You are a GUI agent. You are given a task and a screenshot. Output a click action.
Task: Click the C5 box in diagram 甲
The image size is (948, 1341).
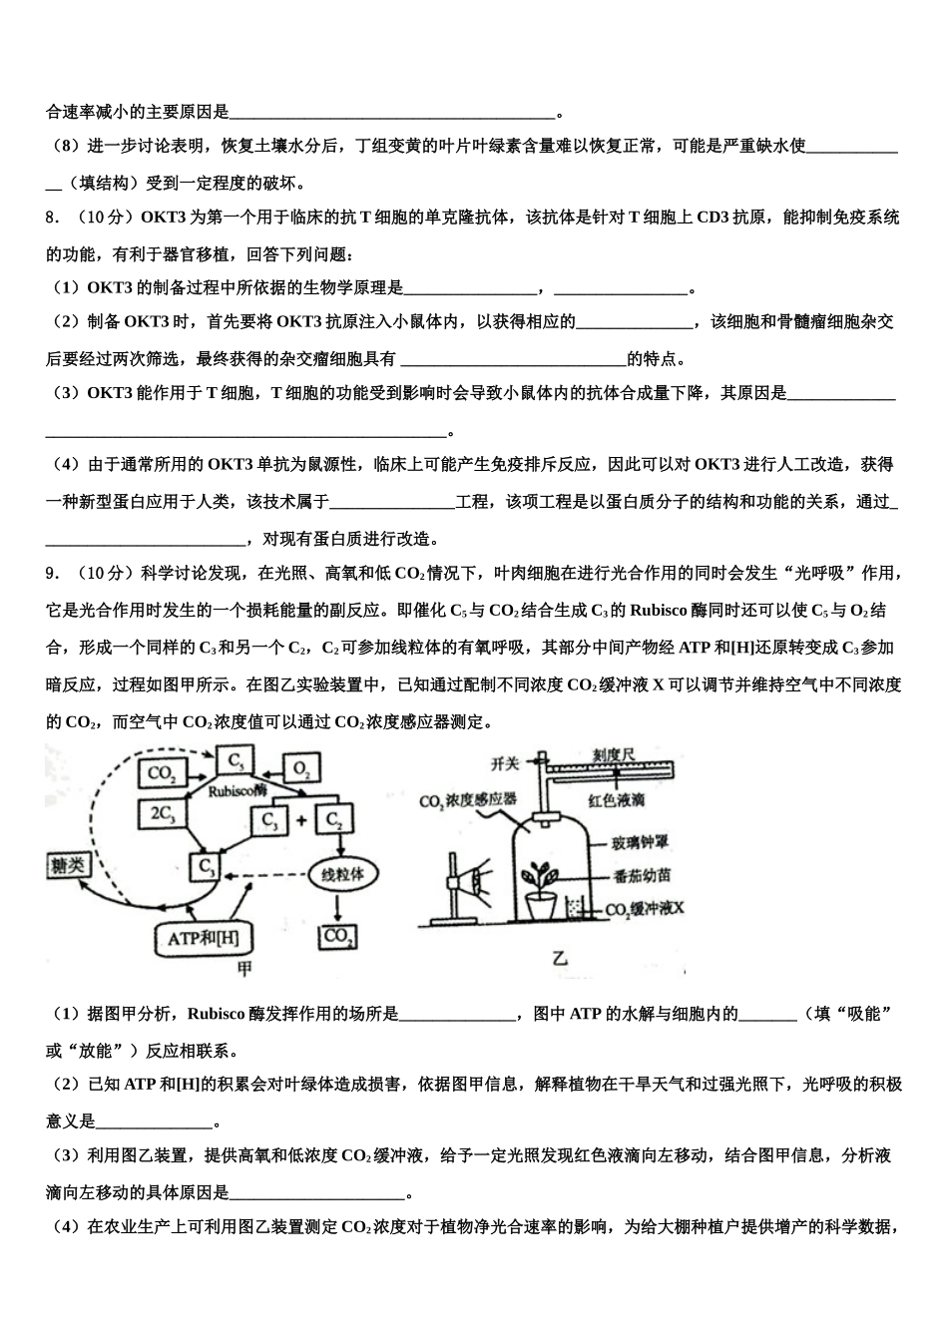(x=236, y=761)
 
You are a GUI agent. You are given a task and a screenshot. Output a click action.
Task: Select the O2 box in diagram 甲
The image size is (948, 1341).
(x=301, y=768)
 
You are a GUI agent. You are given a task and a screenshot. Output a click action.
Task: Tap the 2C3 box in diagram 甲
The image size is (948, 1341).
(x=161, y=813)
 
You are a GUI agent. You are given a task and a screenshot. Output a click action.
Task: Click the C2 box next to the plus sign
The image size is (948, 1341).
(x=333, y=820)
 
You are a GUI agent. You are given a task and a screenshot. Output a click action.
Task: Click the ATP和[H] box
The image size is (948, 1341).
(x=204, y=937)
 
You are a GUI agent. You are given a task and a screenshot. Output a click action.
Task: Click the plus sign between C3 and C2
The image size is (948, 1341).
(x=300, y=821)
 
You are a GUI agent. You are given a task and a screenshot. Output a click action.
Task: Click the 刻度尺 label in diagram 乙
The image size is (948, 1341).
(x=613, y=755)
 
